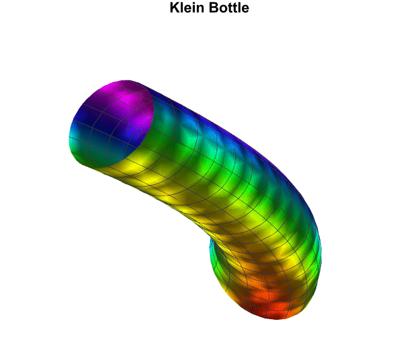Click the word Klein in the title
click(187, 7)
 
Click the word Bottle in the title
click(229, 7)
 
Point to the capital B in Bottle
click(214, 7)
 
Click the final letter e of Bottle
click(245, 9)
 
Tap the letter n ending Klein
click(200, 9)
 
